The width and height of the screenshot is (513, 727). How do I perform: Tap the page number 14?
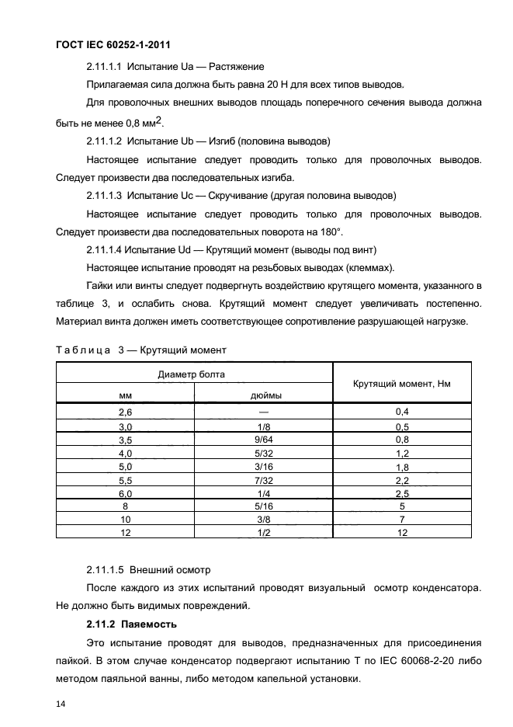coord(61,704)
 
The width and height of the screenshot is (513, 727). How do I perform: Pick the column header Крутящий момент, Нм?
coord(401,384)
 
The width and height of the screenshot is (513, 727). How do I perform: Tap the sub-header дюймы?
coord(265,395)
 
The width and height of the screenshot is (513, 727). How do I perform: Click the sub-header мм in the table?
coord(125,395)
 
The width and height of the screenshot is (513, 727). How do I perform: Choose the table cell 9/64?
coord(265,440)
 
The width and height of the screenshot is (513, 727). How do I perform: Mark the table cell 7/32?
coord(265,481)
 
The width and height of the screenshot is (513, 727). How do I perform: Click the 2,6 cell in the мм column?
coord(125,412)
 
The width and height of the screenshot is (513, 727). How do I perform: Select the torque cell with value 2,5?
coord(402,494)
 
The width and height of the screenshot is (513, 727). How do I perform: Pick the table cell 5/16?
coord(265,507)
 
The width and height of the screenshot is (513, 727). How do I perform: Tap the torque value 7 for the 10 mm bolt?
coord(402,520)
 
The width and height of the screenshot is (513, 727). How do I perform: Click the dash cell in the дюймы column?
coord(265,412)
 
